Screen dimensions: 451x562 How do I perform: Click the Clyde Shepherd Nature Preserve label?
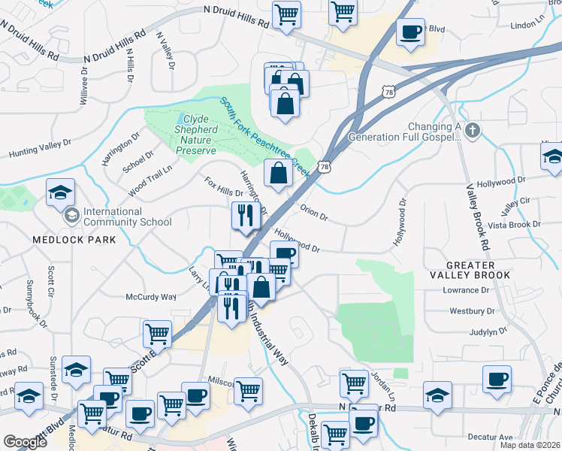tap(196, 135)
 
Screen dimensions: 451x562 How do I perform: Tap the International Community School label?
tap(127, 216)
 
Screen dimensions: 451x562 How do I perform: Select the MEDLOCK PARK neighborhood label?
tap(74, 240)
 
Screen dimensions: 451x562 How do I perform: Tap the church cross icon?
tap(472, 131)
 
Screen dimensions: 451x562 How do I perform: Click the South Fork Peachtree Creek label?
tap(264, 138)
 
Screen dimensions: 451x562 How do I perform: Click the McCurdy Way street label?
tap(150, 297)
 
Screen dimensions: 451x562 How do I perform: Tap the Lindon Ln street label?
tap(527, 25)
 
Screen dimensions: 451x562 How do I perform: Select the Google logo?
tap(25, 442)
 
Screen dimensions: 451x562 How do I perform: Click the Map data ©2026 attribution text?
tap(530, 445)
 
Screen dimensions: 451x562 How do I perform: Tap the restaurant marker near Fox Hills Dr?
tap(246, 216)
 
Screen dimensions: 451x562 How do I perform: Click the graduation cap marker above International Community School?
tap(60, 193)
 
